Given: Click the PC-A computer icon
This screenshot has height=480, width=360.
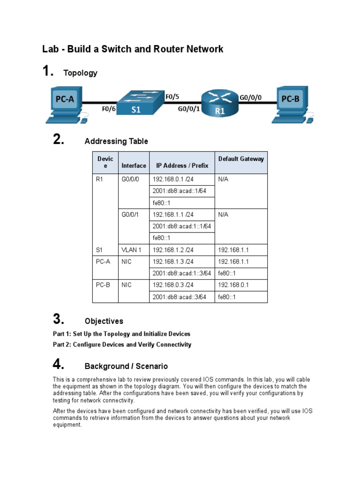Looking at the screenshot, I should pos(65,104).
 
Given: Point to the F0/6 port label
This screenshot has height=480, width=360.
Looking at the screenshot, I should pos(109,109).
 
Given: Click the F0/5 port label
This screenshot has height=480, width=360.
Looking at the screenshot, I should pos(172,97).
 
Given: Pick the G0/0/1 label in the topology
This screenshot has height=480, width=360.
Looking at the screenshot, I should pos(189,109).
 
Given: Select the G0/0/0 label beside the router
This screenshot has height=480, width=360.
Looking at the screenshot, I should pos(251,98).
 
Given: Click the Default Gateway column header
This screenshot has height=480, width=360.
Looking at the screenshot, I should pos(241,159).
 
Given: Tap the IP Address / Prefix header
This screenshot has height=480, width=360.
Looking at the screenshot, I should pos(181,165).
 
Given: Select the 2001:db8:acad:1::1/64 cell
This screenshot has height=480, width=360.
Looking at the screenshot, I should pos(182,226).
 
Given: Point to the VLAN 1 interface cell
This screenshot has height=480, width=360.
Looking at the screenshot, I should pos(131,250).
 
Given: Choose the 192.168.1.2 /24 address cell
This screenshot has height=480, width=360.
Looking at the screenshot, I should pos(173,250).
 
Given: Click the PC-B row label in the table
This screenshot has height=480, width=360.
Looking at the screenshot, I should pos(103,285).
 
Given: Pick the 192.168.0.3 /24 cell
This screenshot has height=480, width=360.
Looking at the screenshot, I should pos(173,285).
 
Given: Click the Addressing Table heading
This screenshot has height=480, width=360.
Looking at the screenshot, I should pos(116,141).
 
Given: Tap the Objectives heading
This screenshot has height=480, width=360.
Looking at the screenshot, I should pos(104,321).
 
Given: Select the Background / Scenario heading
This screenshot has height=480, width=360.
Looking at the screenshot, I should pos(126,366).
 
